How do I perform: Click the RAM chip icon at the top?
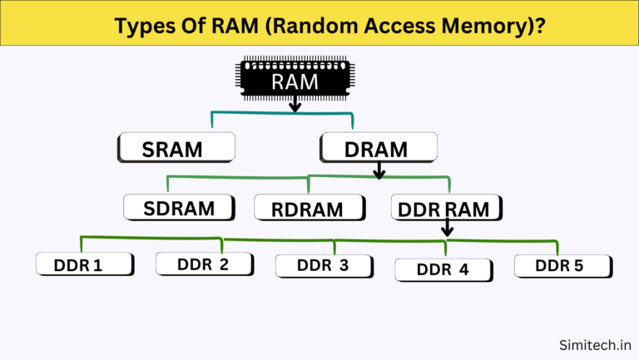(x=294, y=79)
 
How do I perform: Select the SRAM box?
(x=176, y=149)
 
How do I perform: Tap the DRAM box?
(x=379, y=149)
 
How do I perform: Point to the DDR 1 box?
(x=85, y=265)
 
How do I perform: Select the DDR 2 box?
(x=204, y=264)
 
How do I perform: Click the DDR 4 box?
(x=443, y=269)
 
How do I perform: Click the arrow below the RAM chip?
(x=295, y=105)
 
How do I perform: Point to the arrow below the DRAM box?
(x=379, y=170)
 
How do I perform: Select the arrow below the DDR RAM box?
(x=447, y=227)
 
